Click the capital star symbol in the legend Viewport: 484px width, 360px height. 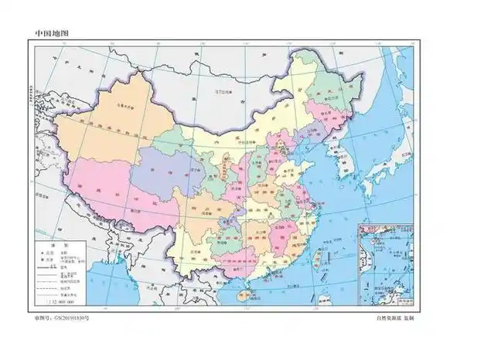tap(39, 251)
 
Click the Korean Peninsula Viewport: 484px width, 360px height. tap(345, 158)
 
